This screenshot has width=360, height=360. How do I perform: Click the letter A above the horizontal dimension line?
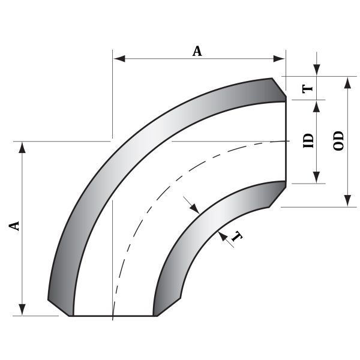[x=197, y=51]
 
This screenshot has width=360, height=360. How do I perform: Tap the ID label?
[x=308, y=141]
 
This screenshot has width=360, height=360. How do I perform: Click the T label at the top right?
[x=308, y=88]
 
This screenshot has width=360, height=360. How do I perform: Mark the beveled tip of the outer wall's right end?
[x=278, y=89]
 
